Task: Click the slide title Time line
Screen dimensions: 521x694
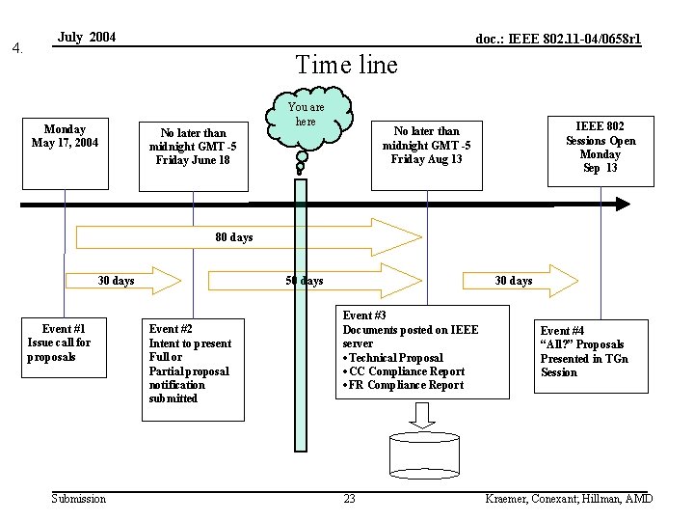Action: [346, 65]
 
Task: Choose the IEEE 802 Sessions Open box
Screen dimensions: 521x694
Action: [600, 148]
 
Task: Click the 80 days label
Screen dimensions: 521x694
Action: [234, 237]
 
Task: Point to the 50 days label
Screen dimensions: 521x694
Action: [305, 281]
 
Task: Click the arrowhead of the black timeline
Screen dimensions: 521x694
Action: [622, 204]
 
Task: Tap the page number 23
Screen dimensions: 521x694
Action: [349, 499]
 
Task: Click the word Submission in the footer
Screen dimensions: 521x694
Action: [79, 499]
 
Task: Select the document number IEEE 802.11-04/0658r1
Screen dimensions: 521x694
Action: [558, 40]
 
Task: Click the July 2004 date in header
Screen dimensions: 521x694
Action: [87, 38]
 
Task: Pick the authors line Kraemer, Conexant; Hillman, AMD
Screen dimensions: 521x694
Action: [570, 499]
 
